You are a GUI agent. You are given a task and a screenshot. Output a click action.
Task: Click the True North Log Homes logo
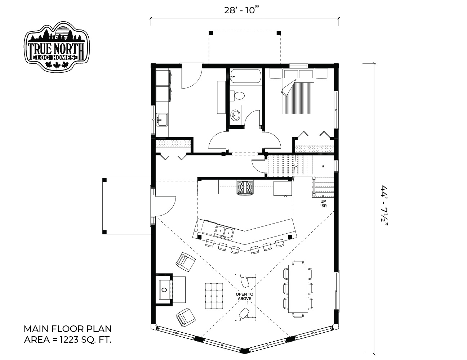[57, 46]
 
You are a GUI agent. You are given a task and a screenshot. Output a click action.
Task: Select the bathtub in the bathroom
[245, 76]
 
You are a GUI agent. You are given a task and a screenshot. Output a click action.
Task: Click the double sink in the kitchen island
[224, 231]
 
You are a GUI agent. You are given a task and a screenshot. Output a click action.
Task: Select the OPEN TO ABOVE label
[245, 296]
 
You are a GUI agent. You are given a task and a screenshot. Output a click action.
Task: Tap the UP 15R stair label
[323, 204]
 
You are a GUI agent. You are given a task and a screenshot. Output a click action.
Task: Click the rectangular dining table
[298, 288]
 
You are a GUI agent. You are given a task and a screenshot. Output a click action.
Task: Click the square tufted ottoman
[214, 296]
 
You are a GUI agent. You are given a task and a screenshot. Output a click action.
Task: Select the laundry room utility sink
[162, 120]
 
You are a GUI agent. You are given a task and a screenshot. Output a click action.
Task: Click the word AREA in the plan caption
[36, 340]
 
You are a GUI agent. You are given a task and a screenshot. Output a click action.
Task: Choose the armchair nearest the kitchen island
[186, 262]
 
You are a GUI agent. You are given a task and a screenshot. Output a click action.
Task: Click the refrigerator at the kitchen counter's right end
[283, 188]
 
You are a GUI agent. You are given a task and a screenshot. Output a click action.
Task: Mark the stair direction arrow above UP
[323, 180]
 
